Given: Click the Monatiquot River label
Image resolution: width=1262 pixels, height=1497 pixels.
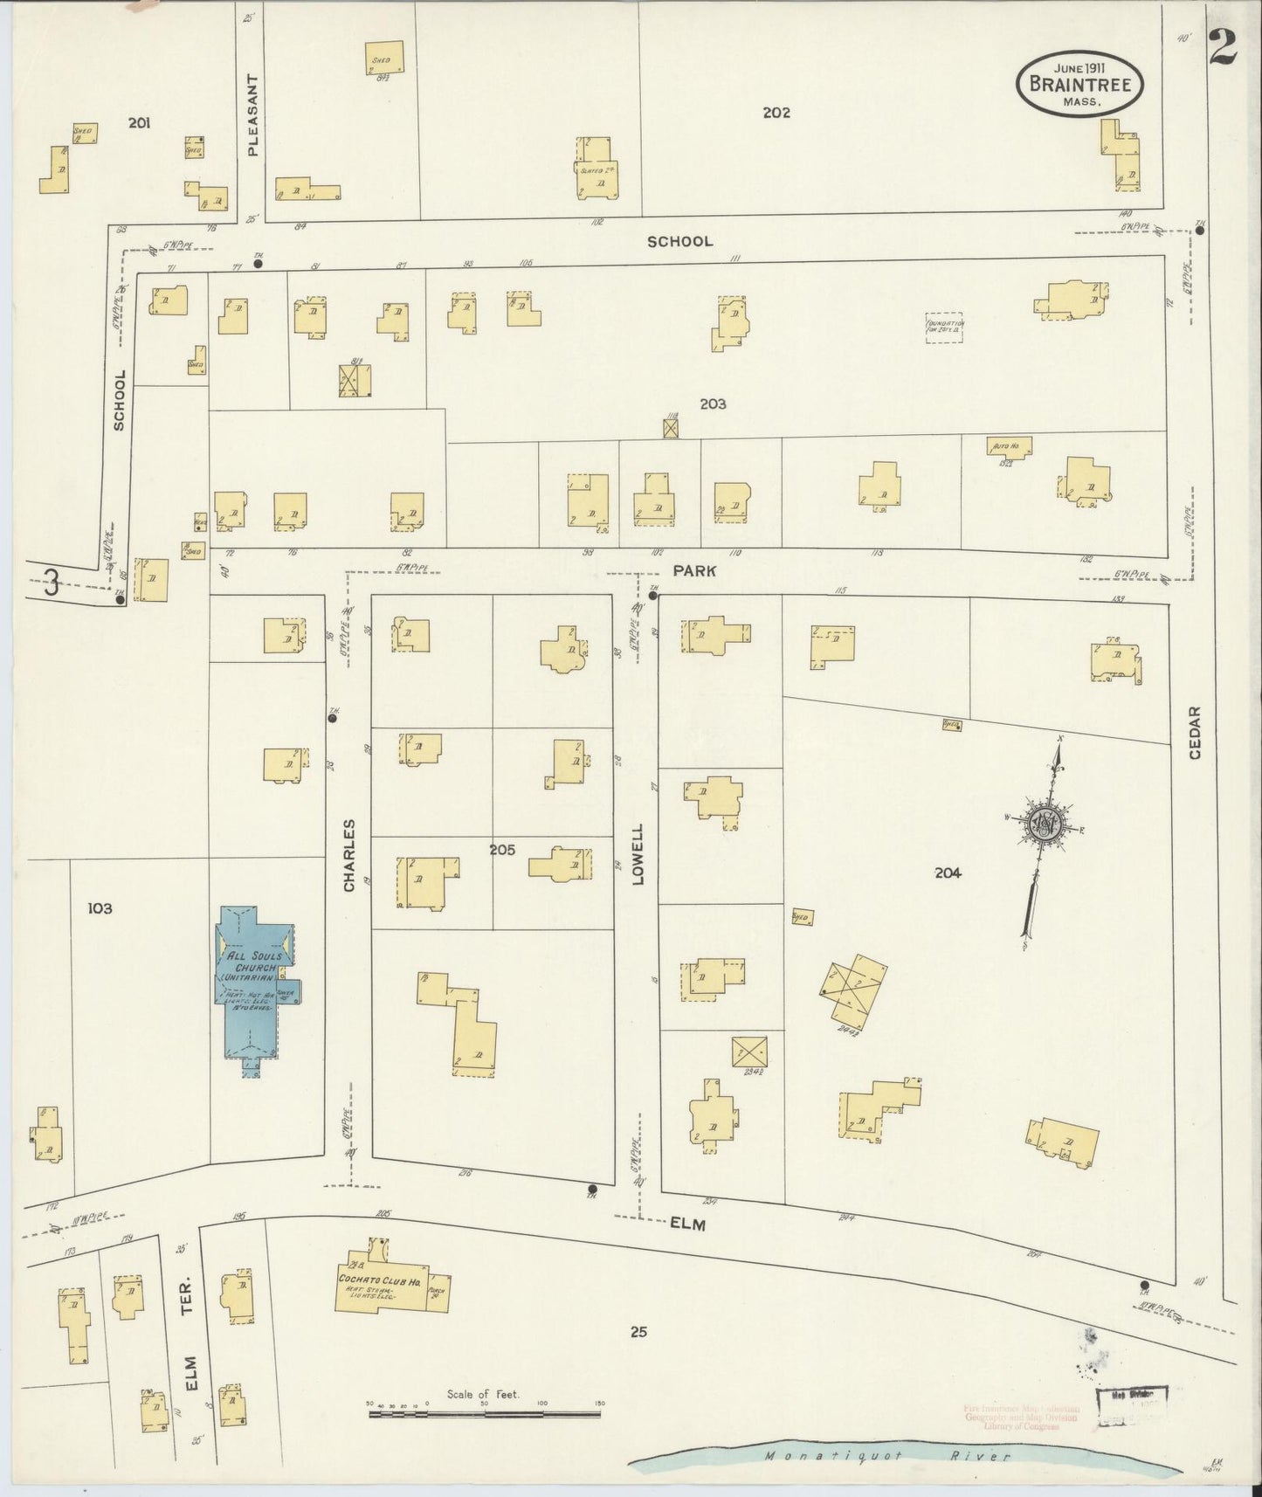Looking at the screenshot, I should [886, 1456].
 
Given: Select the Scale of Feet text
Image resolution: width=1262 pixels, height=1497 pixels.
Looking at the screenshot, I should [483, 1395].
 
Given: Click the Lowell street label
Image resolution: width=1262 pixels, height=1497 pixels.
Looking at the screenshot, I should [638, 854].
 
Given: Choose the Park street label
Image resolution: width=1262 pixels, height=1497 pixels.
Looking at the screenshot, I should [694, 570].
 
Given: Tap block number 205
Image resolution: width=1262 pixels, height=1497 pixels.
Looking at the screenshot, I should [502, 849].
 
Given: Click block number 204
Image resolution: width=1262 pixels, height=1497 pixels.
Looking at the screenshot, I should [948, 872].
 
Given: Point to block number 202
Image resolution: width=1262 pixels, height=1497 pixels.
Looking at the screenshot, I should [776, 112].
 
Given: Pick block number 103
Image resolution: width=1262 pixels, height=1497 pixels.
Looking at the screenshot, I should [100, 908].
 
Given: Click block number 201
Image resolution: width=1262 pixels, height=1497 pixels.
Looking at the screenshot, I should [139, 123].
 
